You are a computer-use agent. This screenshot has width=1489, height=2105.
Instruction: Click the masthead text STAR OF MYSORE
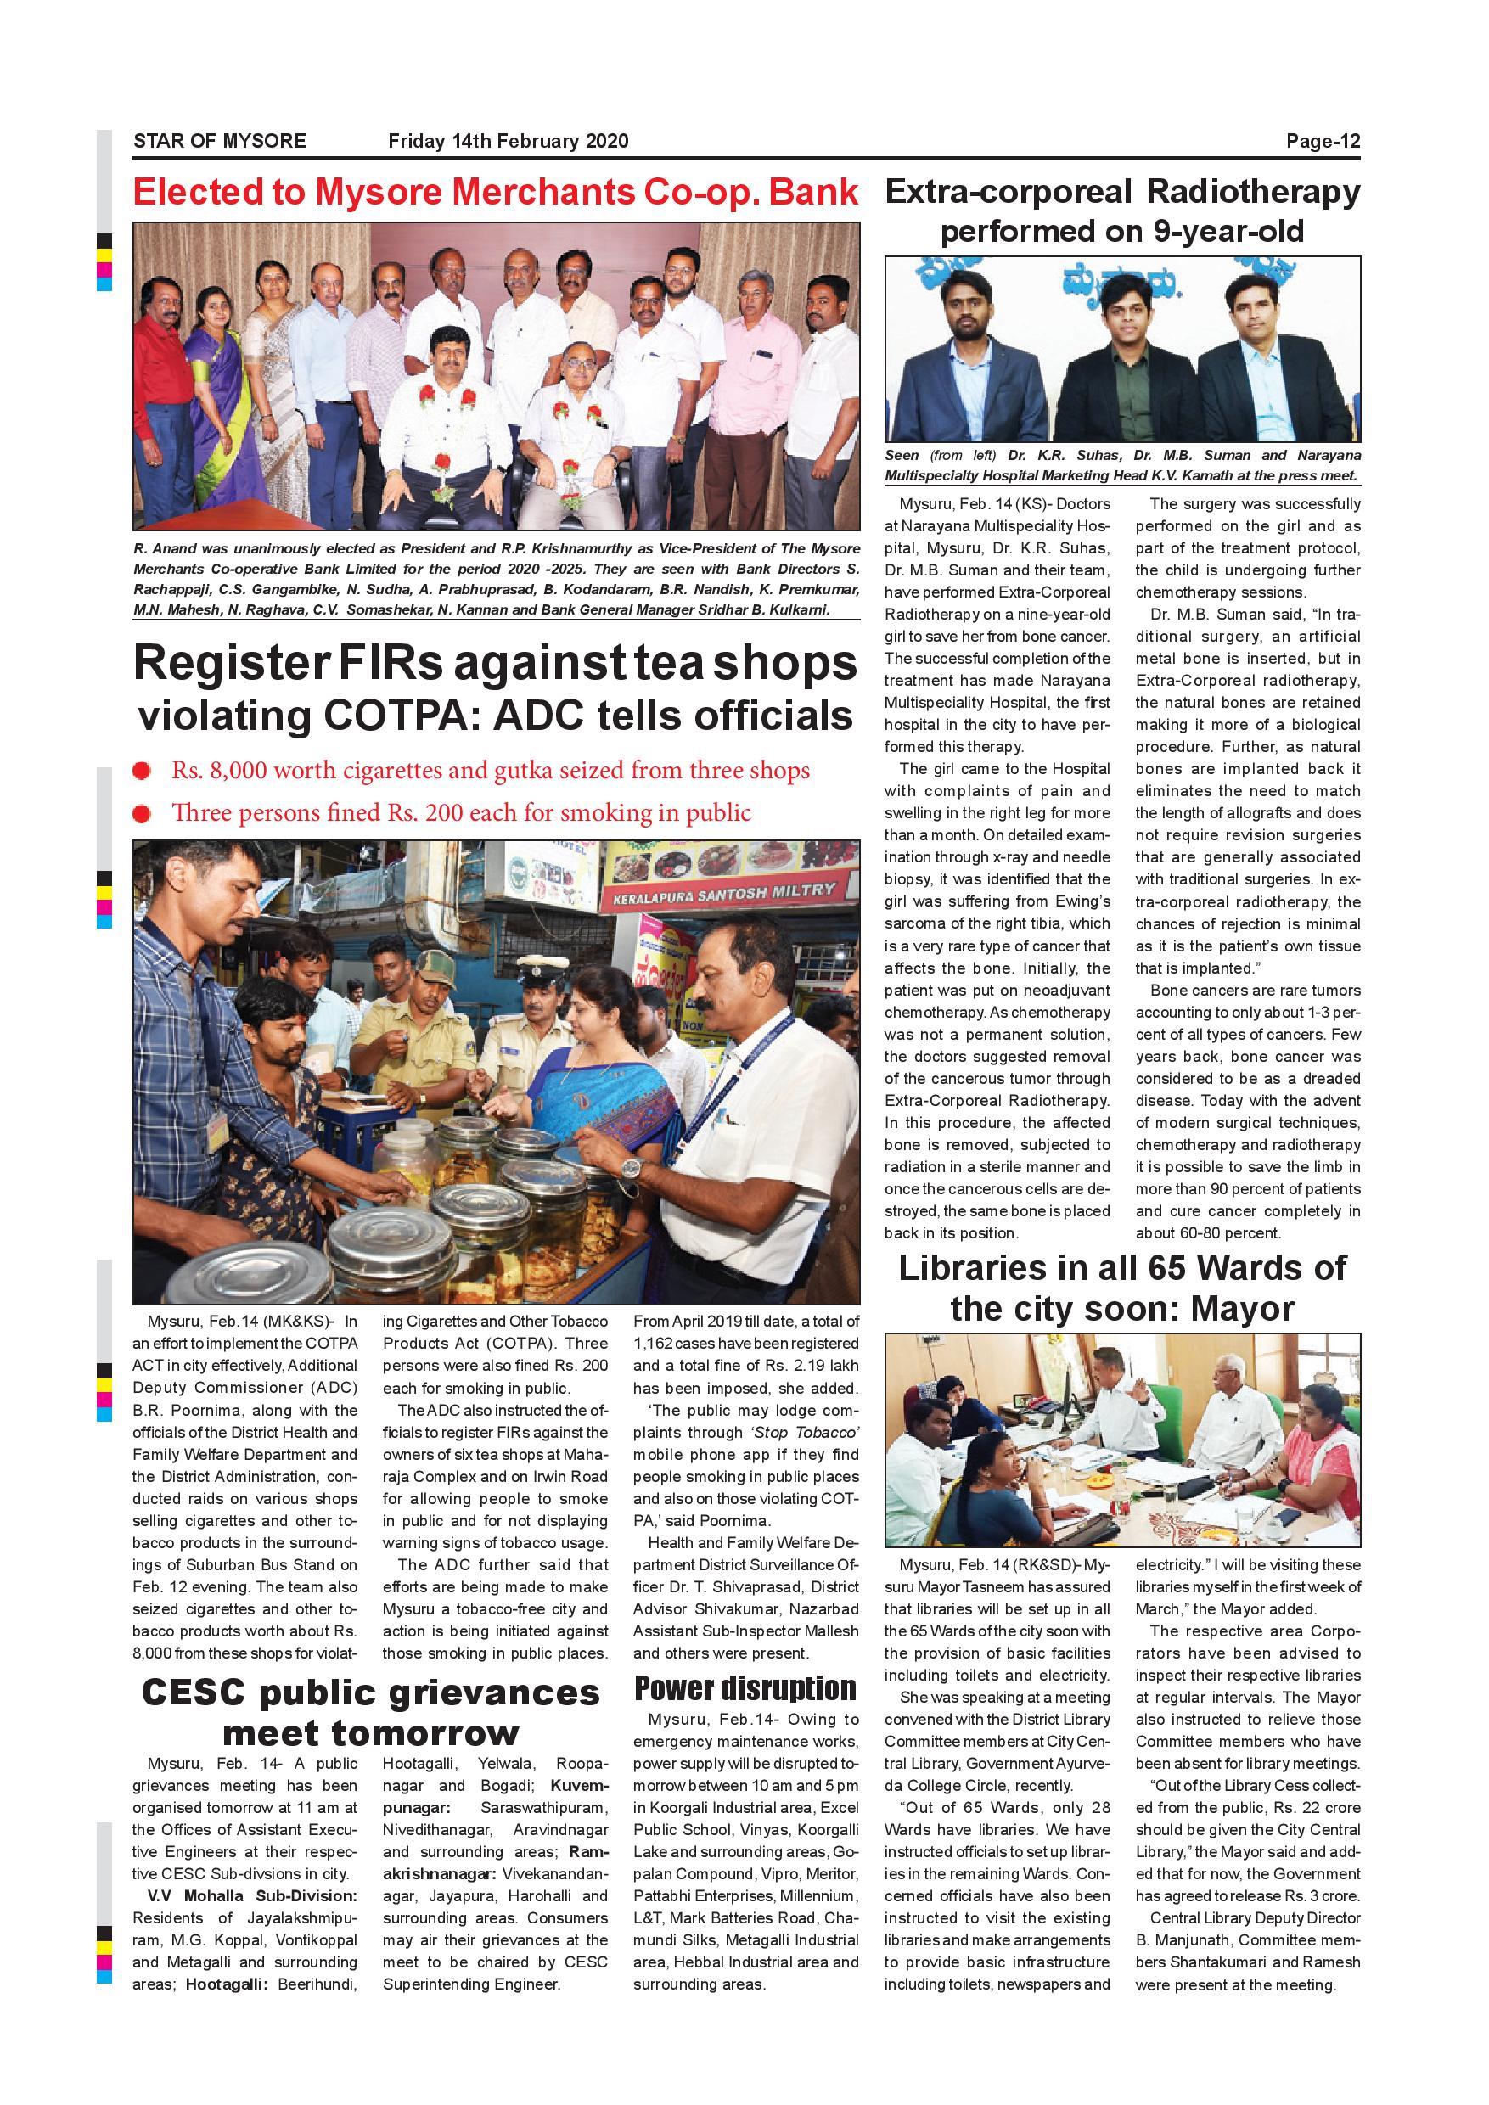click(x=219, y=141)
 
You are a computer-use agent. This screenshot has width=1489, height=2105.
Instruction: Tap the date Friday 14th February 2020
click(x=508, y=141)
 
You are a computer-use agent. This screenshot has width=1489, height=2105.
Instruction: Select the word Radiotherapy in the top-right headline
click(x=1252, y=193)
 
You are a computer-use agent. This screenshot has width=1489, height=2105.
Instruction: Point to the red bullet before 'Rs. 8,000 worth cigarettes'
click(x=142, y=771)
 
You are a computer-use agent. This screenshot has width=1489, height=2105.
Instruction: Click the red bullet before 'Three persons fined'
click(x=142, y=813)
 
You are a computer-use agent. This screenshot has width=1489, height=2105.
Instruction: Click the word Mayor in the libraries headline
click(x=1242, y=1309)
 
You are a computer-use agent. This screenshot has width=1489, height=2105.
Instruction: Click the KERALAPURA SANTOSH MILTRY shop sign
click(x=724, y=892)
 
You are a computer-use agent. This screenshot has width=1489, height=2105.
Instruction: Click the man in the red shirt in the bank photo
click(x=163, y=385)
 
